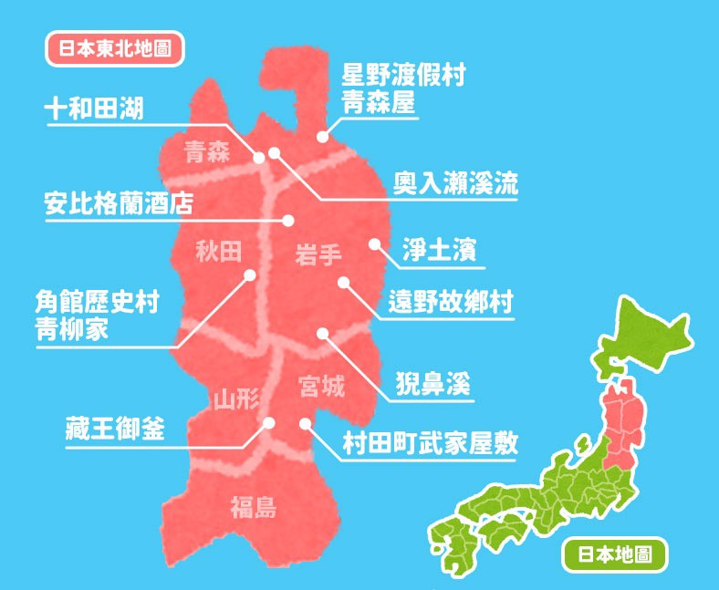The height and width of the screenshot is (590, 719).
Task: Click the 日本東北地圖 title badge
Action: (x=114, y=48)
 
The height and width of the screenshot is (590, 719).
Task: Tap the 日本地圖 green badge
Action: (x=615, y=554)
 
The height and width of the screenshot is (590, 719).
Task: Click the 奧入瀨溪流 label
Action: (x=455, y=183)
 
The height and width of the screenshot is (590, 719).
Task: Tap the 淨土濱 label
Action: (x=440, y=251)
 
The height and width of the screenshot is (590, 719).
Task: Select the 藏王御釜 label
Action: (x=116, y=428)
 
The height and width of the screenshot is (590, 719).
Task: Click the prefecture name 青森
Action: (x=206, y=151)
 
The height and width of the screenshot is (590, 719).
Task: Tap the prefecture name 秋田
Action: (x=219, y=251)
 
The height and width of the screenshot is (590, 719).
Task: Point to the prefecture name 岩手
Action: (x=318, y=258)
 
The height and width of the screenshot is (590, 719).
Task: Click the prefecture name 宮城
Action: (x=322, y=388)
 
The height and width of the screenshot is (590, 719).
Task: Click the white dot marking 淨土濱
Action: (x=374, y=243)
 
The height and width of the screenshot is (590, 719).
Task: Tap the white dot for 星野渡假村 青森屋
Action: (x=321, y=137)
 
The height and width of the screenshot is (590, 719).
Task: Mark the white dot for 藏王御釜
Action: (x=270, y=422)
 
